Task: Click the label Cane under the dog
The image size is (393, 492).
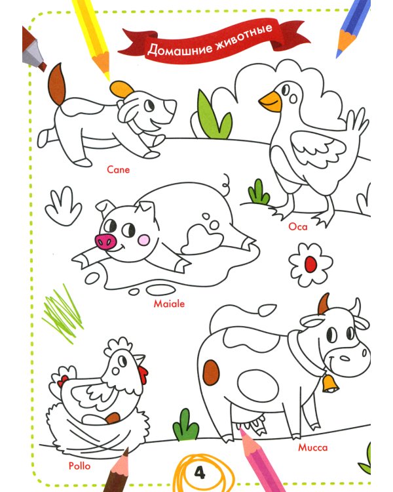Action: (x=118, y=170)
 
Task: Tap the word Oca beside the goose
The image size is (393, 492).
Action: (x=298, y=226)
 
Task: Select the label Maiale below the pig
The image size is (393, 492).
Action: (x=169, y=304)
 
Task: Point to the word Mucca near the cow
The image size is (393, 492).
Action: (x=313, y=447)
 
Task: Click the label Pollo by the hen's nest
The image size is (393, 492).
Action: (x=80, y=466)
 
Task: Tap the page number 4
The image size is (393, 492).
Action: (x=200, y=472)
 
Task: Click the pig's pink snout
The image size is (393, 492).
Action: (x=106, y=241)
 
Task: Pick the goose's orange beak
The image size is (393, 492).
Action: (x=271, y=102)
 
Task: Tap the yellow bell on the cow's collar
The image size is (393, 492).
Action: (x=329, y=384)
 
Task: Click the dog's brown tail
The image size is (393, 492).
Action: (x=57, y=84)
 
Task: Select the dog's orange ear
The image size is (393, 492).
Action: (x=122, y=89)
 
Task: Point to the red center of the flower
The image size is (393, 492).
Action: (x=310, y=264)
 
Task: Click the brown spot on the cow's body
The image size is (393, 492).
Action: (x=211, y=373)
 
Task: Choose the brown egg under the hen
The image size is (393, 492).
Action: (x=113, y=419)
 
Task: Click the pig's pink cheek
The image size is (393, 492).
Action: (x=143, y=240)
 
